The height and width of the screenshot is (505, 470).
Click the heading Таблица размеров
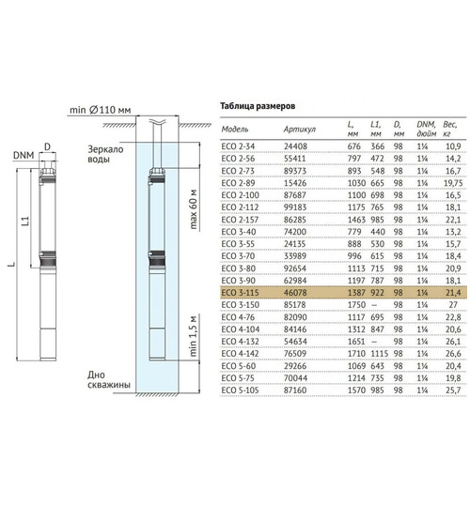258,106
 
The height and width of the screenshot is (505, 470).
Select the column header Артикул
299,130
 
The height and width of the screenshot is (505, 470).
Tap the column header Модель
235,130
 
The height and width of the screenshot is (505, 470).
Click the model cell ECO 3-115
240,293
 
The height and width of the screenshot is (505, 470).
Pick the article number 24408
295,146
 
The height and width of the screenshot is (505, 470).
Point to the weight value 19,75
453,183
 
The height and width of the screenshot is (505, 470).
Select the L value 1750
356,305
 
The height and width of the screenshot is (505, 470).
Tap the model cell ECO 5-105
240,390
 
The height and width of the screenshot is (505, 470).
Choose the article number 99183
295,207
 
